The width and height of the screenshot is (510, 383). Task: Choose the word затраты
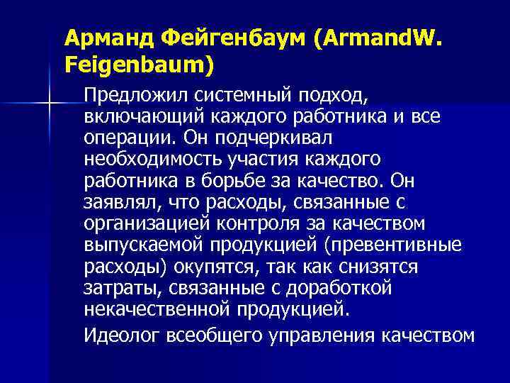115,288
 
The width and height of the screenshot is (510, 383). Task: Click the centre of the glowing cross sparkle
48,104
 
